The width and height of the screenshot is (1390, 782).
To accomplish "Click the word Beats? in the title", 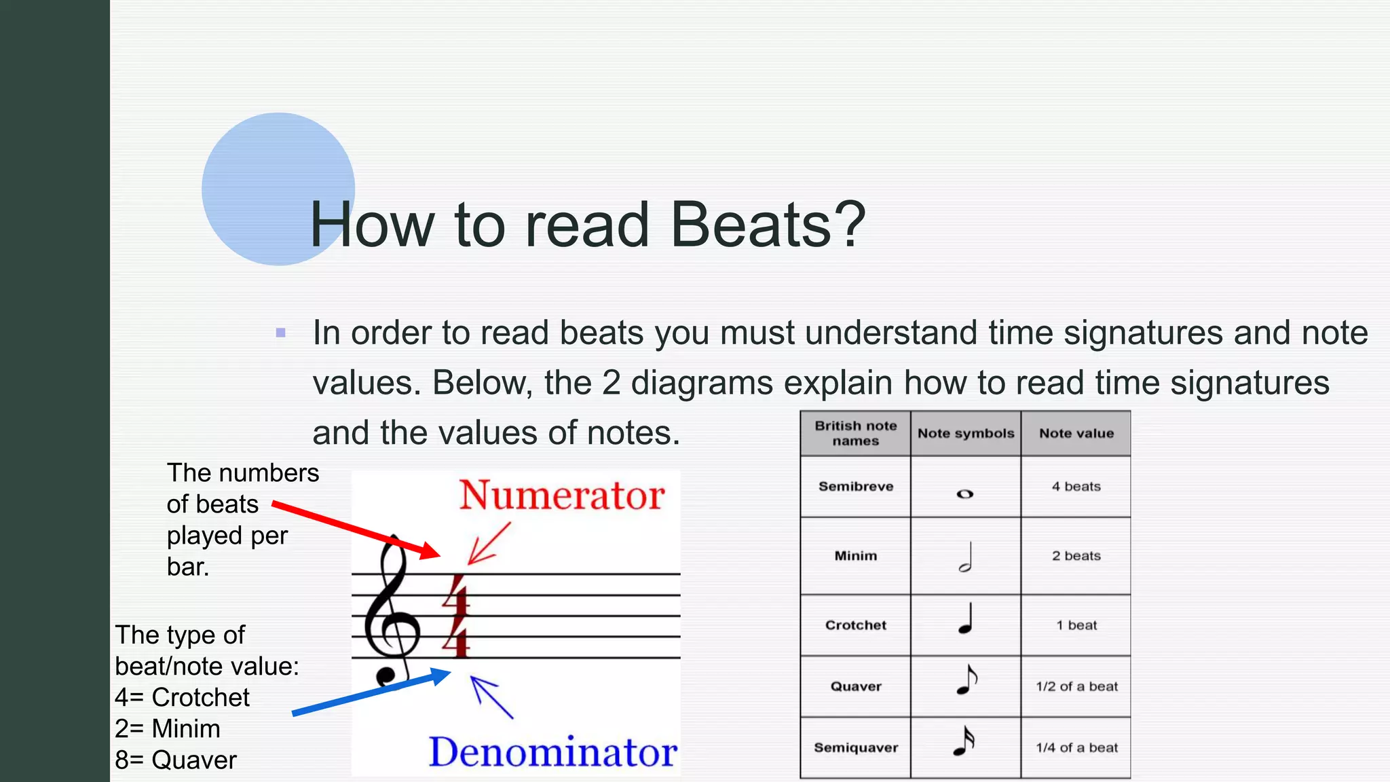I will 768,225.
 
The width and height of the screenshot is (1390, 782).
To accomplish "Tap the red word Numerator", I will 561,496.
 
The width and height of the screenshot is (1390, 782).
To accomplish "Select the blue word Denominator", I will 552,752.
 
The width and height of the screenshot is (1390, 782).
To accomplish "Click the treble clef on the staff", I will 391,611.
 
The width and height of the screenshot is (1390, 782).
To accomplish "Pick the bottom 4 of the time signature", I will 457,638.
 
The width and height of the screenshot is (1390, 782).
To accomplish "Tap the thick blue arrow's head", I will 440,676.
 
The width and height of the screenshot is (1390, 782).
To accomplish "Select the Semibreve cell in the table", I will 855,487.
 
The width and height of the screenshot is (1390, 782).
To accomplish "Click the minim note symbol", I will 965,557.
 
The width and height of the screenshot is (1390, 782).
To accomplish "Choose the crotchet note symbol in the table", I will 965,619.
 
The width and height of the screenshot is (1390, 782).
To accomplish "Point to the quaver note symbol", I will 966,680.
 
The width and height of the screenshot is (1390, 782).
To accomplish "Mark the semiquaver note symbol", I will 964,741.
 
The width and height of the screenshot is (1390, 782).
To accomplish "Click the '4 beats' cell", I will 1076,487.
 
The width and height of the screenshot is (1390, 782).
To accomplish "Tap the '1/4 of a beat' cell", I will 1076,747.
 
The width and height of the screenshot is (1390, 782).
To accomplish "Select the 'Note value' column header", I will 1076,433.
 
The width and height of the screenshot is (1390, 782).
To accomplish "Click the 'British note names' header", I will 855,433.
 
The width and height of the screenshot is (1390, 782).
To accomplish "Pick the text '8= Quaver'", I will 176,760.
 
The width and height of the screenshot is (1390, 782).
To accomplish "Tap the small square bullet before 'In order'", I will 281,333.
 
